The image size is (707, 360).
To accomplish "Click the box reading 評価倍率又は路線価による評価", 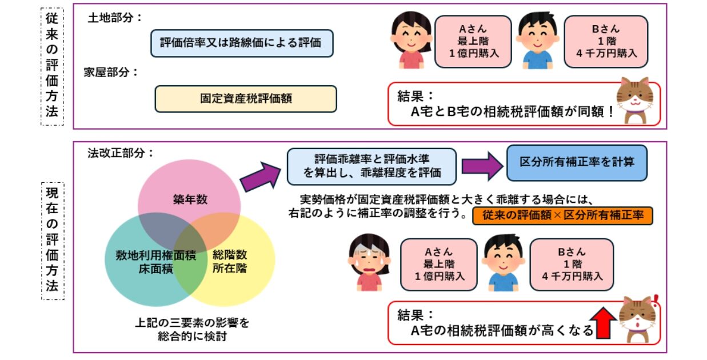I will (241, 43).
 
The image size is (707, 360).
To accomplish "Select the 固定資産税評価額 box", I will (246, 98).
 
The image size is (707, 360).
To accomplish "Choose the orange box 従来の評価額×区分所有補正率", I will (562, 216).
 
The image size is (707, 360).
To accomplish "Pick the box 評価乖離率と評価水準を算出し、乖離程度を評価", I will (372, 166).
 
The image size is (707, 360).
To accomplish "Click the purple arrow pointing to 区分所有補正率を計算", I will (481, 166).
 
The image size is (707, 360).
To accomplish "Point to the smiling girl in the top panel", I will (410, 39).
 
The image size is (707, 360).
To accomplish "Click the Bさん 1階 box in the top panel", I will (606, 42).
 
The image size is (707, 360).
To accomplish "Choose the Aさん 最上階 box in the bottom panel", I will (438, 263).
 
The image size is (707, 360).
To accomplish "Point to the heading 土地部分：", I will (114, 18).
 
